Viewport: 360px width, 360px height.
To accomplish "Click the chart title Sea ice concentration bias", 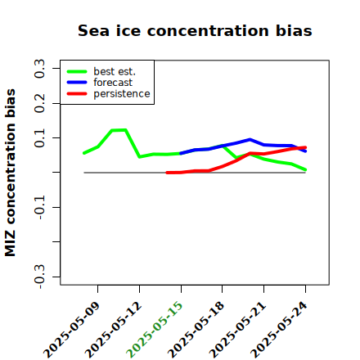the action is pyautogui.click(x=195, y=30).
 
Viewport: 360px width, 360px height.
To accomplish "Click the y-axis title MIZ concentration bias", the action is pyautogui.click(x=11, y=173).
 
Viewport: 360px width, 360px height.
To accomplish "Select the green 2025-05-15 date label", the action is pyautogui.click(x=155, y=329).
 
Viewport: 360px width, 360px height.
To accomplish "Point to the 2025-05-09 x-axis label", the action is pyautogui.click(x=72, y=330).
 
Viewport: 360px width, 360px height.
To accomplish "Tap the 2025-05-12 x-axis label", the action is pyautogui.click(x=114, y=330).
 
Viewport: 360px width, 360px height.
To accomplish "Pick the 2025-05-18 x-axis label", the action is pyautogui.click(x=196, y=330).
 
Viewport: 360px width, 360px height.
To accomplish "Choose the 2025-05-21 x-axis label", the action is pyautogui.click(x=238, y=330).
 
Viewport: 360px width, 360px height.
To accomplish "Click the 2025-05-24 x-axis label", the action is pyautogui.click(x=280, y=330).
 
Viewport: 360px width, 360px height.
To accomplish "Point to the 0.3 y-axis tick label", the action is pyautogui.click(x=39, y=69).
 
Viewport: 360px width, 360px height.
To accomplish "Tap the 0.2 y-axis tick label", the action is pyautogui.click(x=39, y=103).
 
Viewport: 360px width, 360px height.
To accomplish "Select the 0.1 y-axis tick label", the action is pyautogui.click(x=39, y=138).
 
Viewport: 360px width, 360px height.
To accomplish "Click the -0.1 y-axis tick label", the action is pyautogui.click(x=39, y=208).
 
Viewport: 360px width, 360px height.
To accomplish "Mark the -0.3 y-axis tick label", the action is pyautogui.click(x=39, y=277).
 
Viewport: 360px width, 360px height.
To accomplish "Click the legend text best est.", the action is pyautogui.click(x=115, y=71).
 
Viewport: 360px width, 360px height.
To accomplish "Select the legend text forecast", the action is pyautogui.click(x=113, y=83).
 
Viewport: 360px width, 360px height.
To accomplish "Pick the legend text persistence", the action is pyautogui.click(x=122, y=94).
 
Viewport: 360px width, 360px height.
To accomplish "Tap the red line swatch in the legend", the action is pyautogui.click(x=77, y=94).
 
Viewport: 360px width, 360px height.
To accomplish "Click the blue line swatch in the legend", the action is pyautogui.click(x=77, y=83).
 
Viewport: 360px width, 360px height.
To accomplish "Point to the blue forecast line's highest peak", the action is pyautogui.click(x=250, y=140).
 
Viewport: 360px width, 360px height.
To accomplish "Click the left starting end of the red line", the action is pyautogui.click(x=167, y=173).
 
